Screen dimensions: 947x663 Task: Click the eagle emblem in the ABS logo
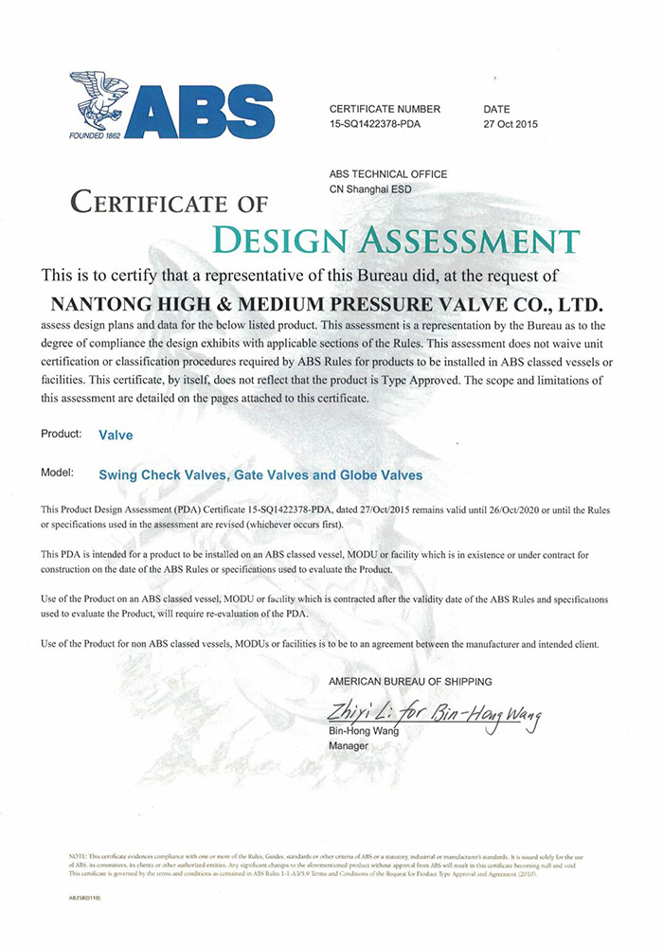(99, 98)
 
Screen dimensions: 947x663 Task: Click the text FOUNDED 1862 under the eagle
(96, 134)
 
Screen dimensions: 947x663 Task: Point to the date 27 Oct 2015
(511, 124)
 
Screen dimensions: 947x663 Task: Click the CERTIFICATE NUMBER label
(385, 109)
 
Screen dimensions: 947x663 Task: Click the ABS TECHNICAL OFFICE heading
(388, 174)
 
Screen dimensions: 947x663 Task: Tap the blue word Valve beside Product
(116, 437)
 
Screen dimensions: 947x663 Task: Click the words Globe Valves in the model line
(383, 474)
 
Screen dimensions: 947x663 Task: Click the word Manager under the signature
(348, 746)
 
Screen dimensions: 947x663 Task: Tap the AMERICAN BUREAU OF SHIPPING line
(410, 681)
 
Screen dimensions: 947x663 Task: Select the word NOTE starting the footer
(79, 856)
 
